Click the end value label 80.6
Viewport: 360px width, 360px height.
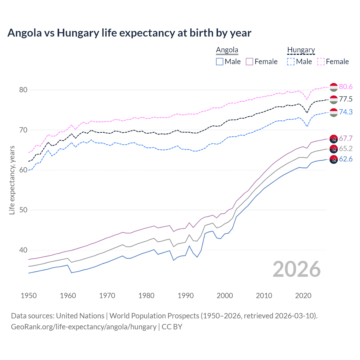pyautogui.click(x=346, y=87)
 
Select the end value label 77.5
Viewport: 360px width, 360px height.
pyautogui.click(x=346, y=99)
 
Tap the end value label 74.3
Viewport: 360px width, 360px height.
pyautogui.click(x=346, y=112)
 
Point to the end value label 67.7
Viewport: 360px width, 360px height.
pyautogui.click(x=346, y=138)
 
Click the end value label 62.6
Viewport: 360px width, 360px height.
pyautogui.click(x=346, y=159)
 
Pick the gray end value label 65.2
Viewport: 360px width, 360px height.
pyautogui.click(x=346, y=148)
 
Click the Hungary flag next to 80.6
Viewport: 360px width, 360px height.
pyautogui.click(x=334, y=87)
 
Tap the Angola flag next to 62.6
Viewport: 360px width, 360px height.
pyautogui.click(x=334, y=159)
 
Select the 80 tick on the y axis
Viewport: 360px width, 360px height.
pyautogui.click(x=23, y=90)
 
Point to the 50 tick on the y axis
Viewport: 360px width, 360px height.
pyautogui.click(x=23, y=210)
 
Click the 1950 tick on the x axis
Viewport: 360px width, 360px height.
pyautogui.click(x=29, y=296)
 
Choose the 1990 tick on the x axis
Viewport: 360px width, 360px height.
pyautogui.click(x=186, y=296)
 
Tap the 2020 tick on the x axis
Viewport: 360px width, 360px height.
pyautogui.click(x=303, y=296)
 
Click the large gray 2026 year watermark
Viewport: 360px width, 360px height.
pyautogui.click(x=297, y=269)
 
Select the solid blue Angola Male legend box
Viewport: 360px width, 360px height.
pyautogui.click(x=220, y=62)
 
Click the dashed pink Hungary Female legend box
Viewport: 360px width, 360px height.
pyautogui.click(x=321, y=62)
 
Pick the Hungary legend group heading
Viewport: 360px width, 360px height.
pyautogui.click(x=301, y=50)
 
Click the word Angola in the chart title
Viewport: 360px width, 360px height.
pyautogui.click(x=24, y=33)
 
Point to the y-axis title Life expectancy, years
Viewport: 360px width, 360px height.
pyautogui.click(x=12, y=180)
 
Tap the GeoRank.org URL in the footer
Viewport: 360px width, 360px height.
pyautogui.click(x=84, y=327)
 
